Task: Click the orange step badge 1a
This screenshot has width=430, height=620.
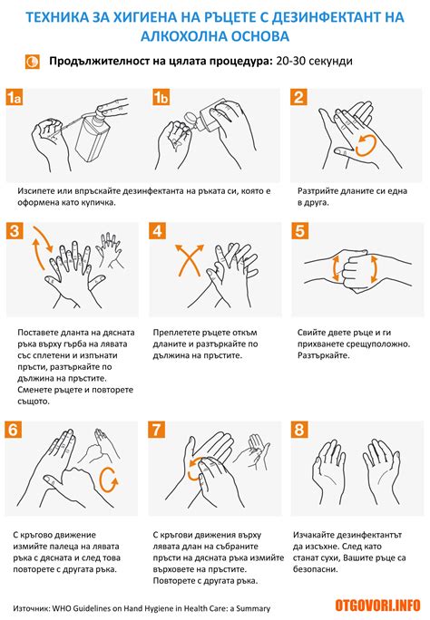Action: click(x=15, y=97)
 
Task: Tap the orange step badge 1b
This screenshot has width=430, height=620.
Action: click(x=161, y=97)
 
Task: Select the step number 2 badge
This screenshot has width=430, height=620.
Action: click(x=298, y=97)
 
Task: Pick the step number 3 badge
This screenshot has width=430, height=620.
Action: click(x=15, y=230)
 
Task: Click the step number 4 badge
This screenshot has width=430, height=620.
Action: click(x=158, y=230)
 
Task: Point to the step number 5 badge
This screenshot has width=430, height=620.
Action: click(x=299, y=230)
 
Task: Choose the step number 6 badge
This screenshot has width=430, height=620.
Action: click(x=13, y=430)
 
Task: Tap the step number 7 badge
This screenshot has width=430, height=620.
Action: click(x=157, y=430)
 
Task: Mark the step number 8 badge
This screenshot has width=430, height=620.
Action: click(x=299, y=430)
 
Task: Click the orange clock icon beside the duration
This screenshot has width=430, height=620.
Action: click(x=32, y=62)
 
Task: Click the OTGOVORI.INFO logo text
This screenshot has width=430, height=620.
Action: click(x=377, y=605)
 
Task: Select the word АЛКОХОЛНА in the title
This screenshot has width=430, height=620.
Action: click(x=182, y=36)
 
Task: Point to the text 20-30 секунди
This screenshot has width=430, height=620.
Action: click(x=314, y=62)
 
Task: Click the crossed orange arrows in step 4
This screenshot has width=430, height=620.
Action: click(x=190, y=260)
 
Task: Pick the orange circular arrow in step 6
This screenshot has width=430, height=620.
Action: click(x=109, y=480)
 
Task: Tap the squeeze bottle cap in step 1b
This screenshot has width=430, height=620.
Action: click(x=191, y=118)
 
